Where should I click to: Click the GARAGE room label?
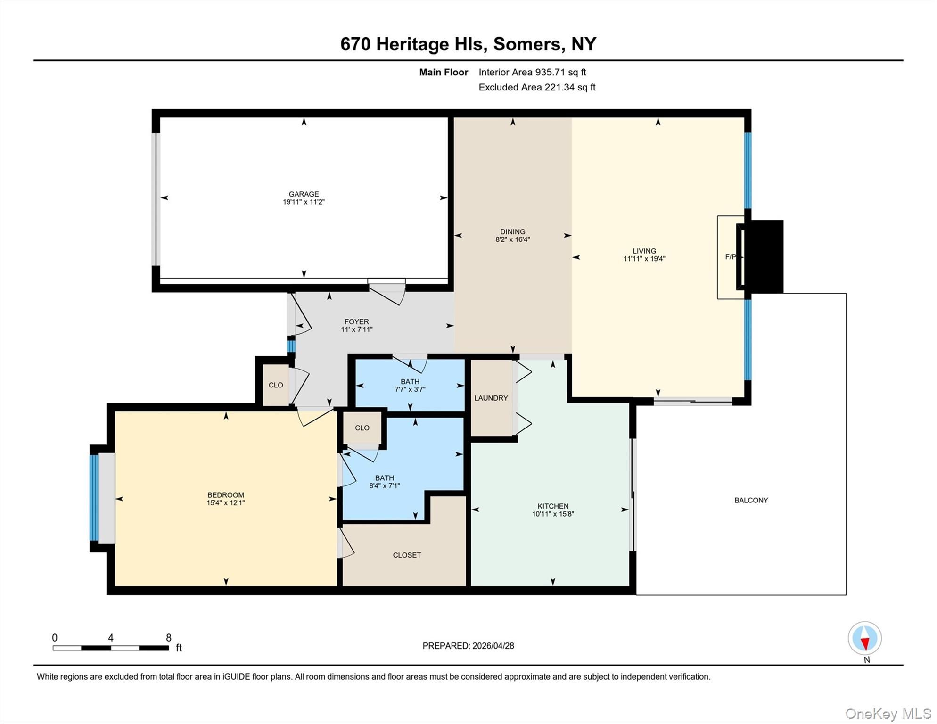point(304,194)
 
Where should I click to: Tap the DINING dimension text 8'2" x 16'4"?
point(512,239)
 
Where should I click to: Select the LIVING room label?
point(644,251)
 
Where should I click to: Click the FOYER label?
point(356,321)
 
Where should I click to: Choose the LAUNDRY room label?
point(491,398)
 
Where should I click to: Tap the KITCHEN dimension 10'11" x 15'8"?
point(553,514)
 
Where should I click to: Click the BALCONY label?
point(751,500)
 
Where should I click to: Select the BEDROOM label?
point(226,495)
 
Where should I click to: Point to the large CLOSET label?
point(407,555)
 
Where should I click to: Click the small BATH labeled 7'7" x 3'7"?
point(410,381)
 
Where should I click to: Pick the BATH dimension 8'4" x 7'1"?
point(384,485)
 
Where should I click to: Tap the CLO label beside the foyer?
point(276,385)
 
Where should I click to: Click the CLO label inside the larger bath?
point(362,428)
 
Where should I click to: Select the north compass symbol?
point(865,638)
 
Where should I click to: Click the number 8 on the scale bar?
point(169,638)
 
